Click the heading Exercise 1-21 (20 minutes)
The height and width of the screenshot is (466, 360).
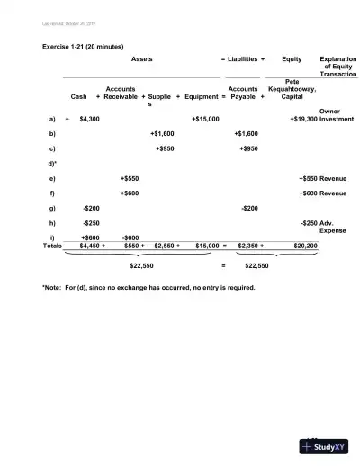coord(83,45)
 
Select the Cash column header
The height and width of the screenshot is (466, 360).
coord(78,96)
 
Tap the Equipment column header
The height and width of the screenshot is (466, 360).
coord(201,96)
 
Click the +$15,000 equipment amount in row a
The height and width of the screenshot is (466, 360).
coord(206,119)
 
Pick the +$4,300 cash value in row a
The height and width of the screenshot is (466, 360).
coord(89,119)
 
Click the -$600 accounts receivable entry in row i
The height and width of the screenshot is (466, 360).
coord(130,237)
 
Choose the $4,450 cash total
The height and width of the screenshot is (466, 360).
coord(90,245)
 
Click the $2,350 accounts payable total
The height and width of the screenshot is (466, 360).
coord(248,245)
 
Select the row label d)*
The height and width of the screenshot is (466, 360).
coord(53,164)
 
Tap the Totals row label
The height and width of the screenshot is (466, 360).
coord(53,245)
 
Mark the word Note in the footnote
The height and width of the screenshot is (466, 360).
coord(54,288)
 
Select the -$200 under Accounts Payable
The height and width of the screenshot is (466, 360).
coord(250,207)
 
